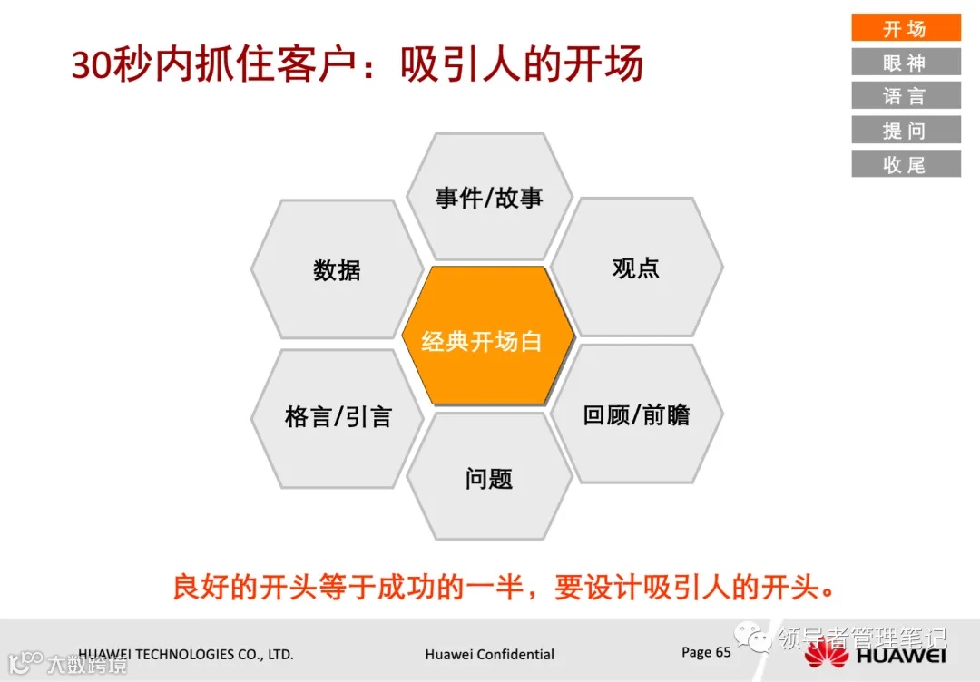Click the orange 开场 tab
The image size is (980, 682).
905,28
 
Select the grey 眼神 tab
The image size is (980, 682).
905,62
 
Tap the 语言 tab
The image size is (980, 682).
905,95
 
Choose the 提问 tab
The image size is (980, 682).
905,130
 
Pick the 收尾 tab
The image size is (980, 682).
905,164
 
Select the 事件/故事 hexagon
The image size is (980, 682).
489,198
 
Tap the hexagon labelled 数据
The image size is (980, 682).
337,269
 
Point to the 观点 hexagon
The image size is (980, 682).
636,268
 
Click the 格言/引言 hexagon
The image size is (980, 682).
338,416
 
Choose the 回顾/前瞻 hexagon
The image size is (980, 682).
636,414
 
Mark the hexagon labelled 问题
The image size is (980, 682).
489,478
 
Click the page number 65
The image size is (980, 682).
722,652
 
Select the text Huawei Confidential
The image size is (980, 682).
489,654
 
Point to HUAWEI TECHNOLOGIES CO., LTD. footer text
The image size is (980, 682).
186,654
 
